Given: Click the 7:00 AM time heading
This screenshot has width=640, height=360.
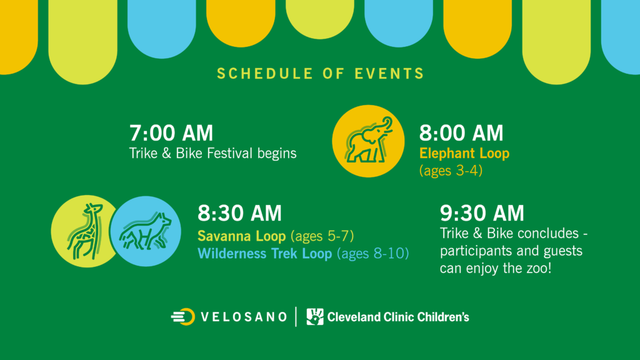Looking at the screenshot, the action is click(x=171, y=133).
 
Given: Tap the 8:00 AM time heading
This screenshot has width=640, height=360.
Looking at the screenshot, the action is click(x=461, y=133).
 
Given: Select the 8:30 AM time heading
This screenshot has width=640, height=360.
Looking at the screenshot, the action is click(x=239, y=213).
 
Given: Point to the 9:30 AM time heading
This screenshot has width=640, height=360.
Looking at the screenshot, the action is click(x=482, y=213).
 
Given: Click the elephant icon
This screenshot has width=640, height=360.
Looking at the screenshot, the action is click(x=369, y=141).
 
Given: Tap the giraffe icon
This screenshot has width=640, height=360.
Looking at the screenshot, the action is click(x=86, y=231).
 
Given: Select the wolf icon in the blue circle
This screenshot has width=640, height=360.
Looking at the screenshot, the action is click(x=145, y=231).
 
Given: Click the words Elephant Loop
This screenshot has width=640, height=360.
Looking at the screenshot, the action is click(x=464, y=154).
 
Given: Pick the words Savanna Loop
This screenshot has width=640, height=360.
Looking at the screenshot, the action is click(x=242, y=236).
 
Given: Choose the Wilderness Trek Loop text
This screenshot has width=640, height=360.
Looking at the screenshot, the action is click(x=265, y=254).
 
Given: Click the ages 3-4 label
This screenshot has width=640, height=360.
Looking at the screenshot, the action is click(x=451, y=170).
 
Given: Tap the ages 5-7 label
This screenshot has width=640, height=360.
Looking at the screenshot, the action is click(x=322, y=236).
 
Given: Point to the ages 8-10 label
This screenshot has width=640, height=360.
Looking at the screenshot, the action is click(x=372, y=254).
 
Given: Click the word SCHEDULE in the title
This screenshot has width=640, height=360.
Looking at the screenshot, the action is click(x=265, y=74).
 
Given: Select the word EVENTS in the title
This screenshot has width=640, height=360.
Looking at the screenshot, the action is click(x=389, y=74).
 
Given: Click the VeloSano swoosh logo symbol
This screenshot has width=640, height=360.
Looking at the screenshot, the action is click(x=183, y=317).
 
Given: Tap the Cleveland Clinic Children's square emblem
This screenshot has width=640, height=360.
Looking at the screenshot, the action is click(x=315, y=317).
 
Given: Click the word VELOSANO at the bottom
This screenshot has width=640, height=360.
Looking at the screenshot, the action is click(x=244, y=317).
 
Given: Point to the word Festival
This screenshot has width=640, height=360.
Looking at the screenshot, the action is click(x=230, y=154).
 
